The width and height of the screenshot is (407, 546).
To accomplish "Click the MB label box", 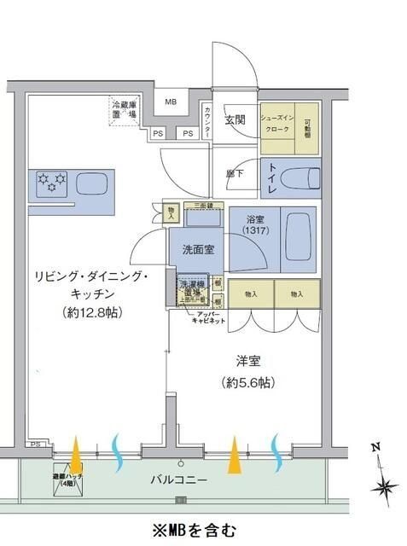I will click(171, 102).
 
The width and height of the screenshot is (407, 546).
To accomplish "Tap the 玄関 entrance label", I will click(235, 119).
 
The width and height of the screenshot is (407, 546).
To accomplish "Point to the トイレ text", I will click(270, 175).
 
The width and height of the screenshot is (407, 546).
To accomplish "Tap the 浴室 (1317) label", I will click(253, 224).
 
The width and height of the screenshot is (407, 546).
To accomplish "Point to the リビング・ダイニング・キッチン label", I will click(91, 293).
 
